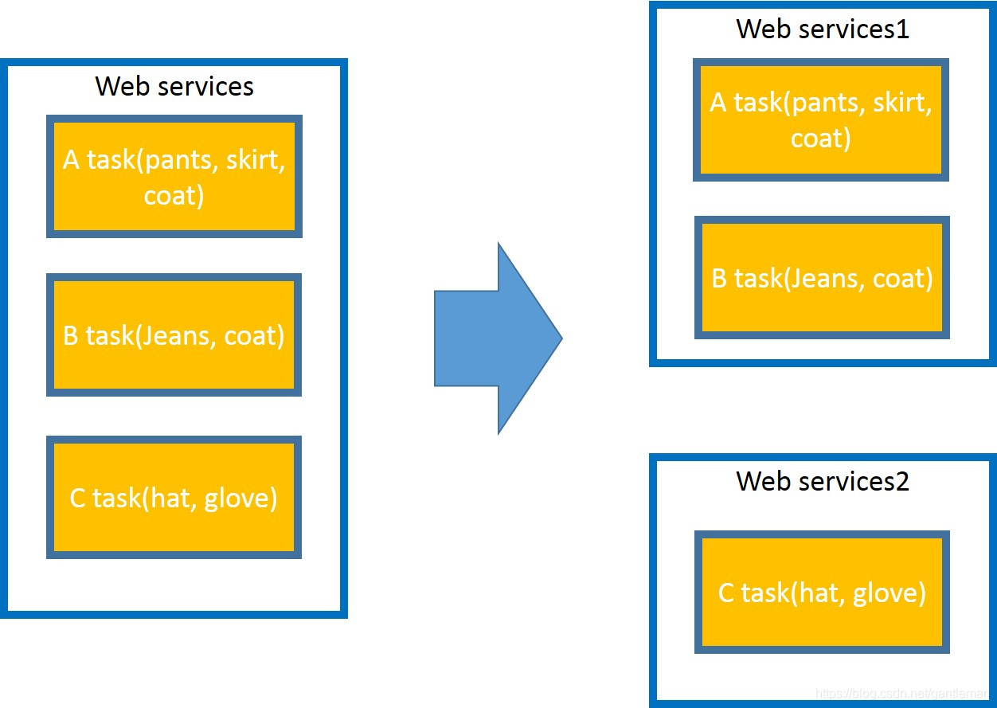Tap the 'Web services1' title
823,29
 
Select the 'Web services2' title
823,482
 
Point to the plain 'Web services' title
174,86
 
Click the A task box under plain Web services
174,176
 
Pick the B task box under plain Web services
174,334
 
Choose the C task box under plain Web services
174,497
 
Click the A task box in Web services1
821,119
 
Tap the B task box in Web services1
822,278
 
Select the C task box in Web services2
822,592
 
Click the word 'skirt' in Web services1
899,103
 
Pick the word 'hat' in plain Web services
171,498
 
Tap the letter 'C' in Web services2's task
725,593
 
